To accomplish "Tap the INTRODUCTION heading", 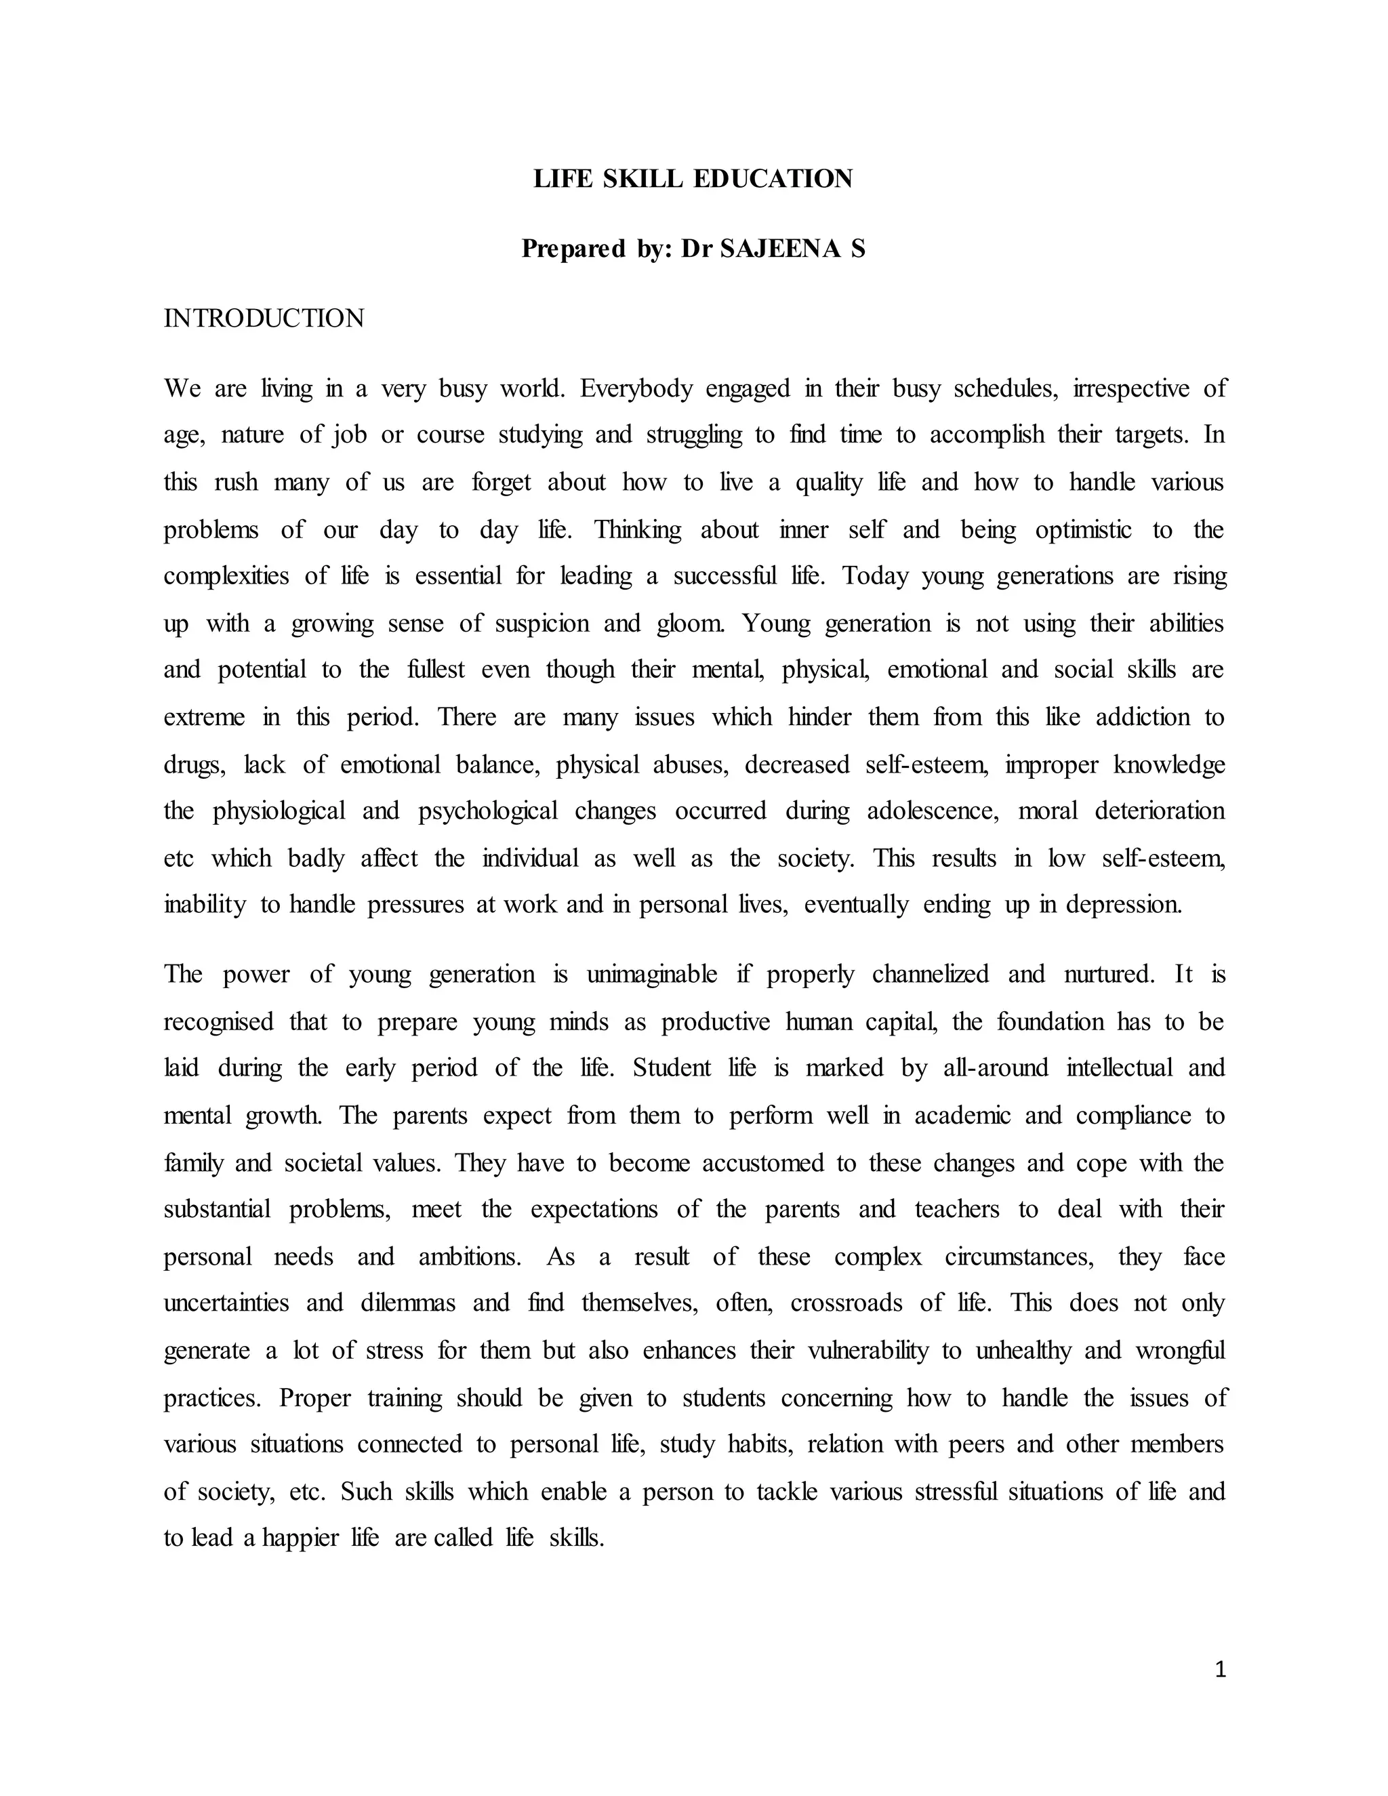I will (263, 319).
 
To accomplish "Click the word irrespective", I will (1130, 388).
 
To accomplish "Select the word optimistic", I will (1083, 529).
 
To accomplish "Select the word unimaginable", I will (651, 975).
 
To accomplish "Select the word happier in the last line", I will (300, 1538).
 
